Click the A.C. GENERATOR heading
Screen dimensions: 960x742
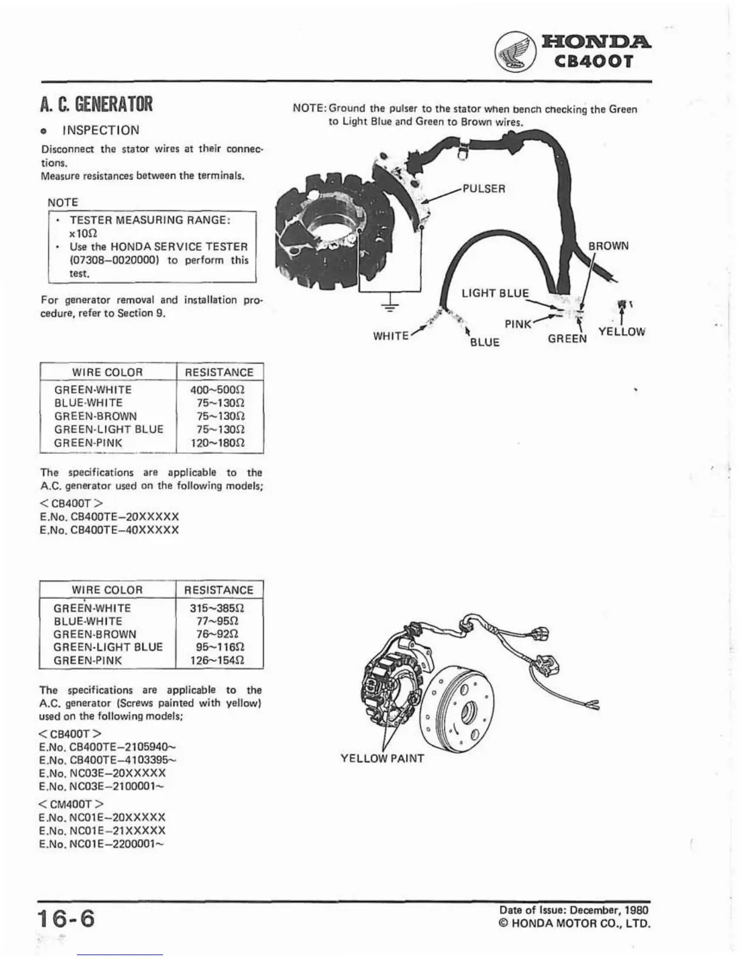(96, 104)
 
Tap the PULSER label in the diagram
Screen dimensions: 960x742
(483, 188)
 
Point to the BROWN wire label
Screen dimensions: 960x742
(608, 246)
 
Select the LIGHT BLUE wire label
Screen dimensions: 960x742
(495, 293)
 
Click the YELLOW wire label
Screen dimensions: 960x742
(621, 332)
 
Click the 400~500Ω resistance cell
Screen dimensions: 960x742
(219, 390)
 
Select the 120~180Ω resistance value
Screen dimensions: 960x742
(219, 442)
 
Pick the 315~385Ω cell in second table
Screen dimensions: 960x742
(218, 608)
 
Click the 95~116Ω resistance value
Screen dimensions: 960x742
(218, 647)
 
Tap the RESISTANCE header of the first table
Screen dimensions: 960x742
(219, 372)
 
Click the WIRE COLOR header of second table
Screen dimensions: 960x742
(107, 590)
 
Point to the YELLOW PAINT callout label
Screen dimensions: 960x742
(382, 758)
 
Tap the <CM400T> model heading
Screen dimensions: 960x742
(70, 804)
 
